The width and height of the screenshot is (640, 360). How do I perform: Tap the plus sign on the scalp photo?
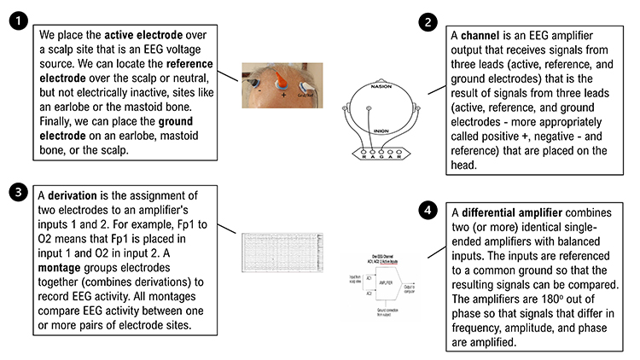pyautogui.click(x=282, y=96)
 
